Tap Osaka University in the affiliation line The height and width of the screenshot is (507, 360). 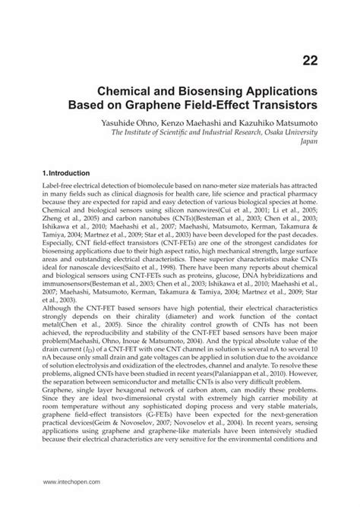[x=292, y=130]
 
